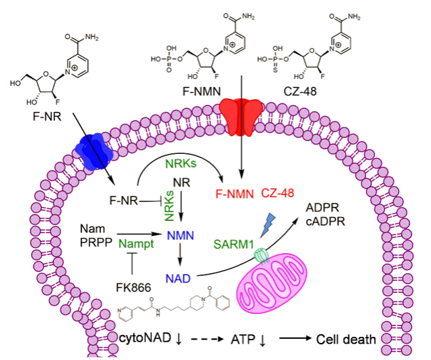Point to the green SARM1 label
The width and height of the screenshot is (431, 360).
pyautogui.click(x=233, y=243)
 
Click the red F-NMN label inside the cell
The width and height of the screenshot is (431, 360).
pyautogui.click(x=234, y=193)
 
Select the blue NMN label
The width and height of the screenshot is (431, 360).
pyautogui.click(x=179, y=235)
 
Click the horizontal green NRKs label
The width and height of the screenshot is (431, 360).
pyautogui.click(x=179, y=163)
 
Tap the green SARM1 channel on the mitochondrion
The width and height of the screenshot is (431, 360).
pyautogui.click(x=261, y=256)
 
